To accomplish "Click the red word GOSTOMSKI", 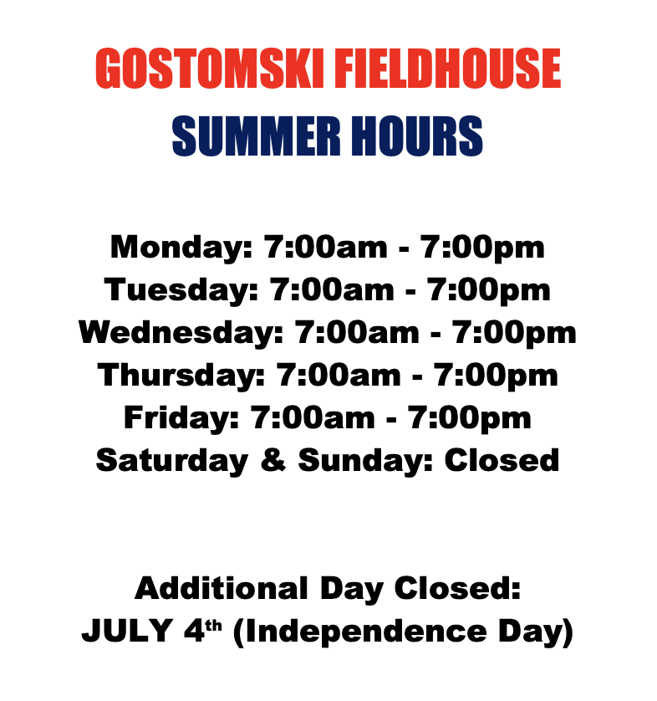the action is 209,68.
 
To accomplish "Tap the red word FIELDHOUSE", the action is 447,68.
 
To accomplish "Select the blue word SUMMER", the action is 257,136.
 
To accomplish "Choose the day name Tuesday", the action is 181,290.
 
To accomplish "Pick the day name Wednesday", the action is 181,333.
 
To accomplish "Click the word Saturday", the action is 172,460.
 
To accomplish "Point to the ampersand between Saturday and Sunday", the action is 272,459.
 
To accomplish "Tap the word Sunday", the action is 366,460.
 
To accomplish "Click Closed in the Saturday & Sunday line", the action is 502,459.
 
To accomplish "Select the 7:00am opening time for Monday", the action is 326,247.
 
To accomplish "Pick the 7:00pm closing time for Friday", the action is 470,418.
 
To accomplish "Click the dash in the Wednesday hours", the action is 435,335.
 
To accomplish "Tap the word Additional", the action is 222,588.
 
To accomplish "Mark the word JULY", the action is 127,631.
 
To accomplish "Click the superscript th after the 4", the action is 214,626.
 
